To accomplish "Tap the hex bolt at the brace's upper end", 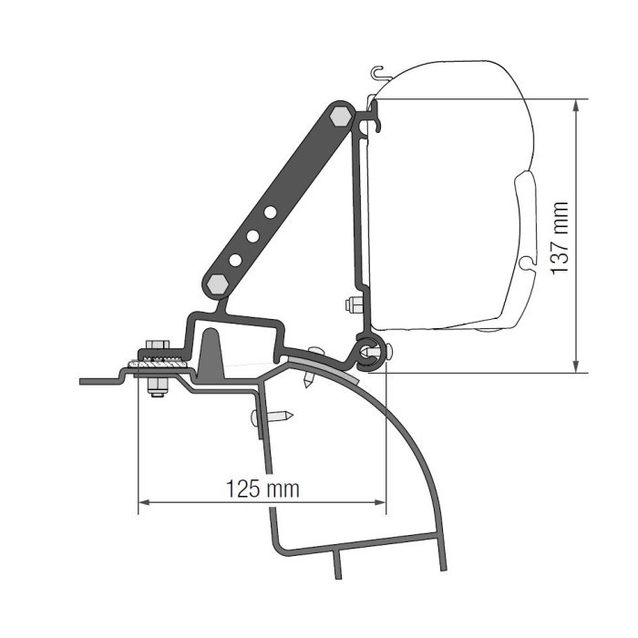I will [340, 118].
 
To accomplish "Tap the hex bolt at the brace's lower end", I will [217, 284].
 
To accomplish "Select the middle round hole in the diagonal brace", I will [252, 236].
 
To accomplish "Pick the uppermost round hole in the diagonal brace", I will [270, 212].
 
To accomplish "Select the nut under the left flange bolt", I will [157, 386].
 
